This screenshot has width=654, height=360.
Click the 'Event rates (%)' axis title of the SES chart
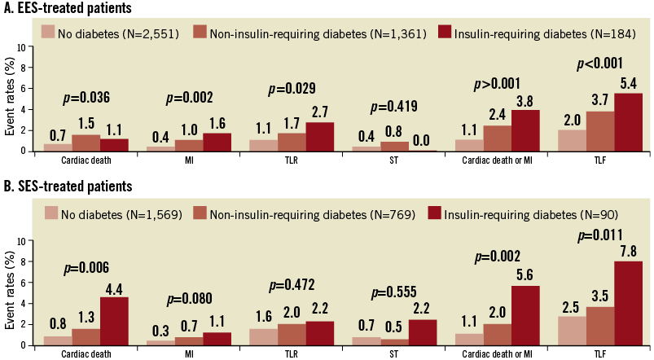(9, 287)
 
